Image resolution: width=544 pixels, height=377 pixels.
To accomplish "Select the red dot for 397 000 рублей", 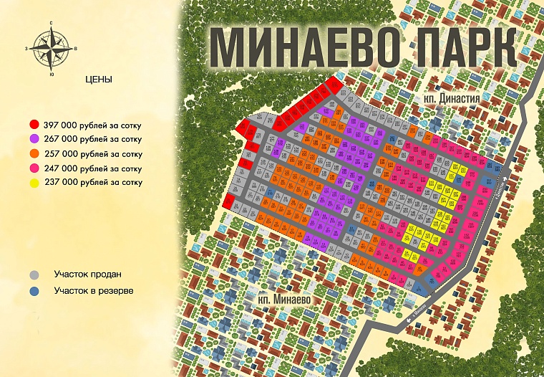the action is (x=34, y=125).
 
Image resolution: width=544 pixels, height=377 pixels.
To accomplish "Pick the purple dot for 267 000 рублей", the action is (x=34, y=139).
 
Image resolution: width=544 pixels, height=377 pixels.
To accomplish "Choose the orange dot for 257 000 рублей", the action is (x=34, y=153).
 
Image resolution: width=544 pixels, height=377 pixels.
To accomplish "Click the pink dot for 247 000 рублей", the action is (x=34, y=168).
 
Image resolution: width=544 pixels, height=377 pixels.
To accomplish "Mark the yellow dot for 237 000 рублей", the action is (x=34, y=182).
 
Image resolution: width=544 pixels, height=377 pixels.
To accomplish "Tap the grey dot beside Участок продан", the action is (x=34, y=275).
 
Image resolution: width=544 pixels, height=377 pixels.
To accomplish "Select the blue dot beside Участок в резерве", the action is (x=34, y=291).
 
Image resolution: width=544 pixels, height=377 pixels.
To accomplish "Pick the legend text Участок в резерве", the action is (x=94, y=290).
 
